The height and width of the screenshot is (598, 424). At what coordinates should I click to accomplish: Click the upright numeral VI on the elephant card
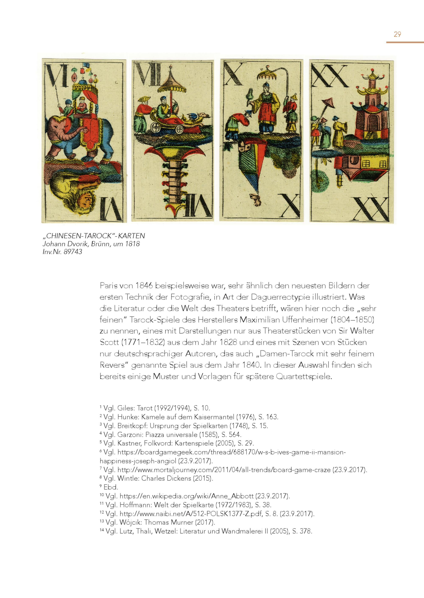(x=57, y=75)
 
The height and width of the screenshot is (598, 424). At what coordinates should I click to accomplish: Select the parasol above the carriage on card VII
(x=172, y=83)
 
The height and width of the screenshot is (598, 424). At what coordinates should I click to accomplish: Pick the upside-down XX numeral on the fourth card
(x=371, y=209)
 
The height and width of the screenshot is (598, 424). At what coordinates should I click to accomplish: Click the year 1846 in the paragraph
(x=144, y=286)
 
